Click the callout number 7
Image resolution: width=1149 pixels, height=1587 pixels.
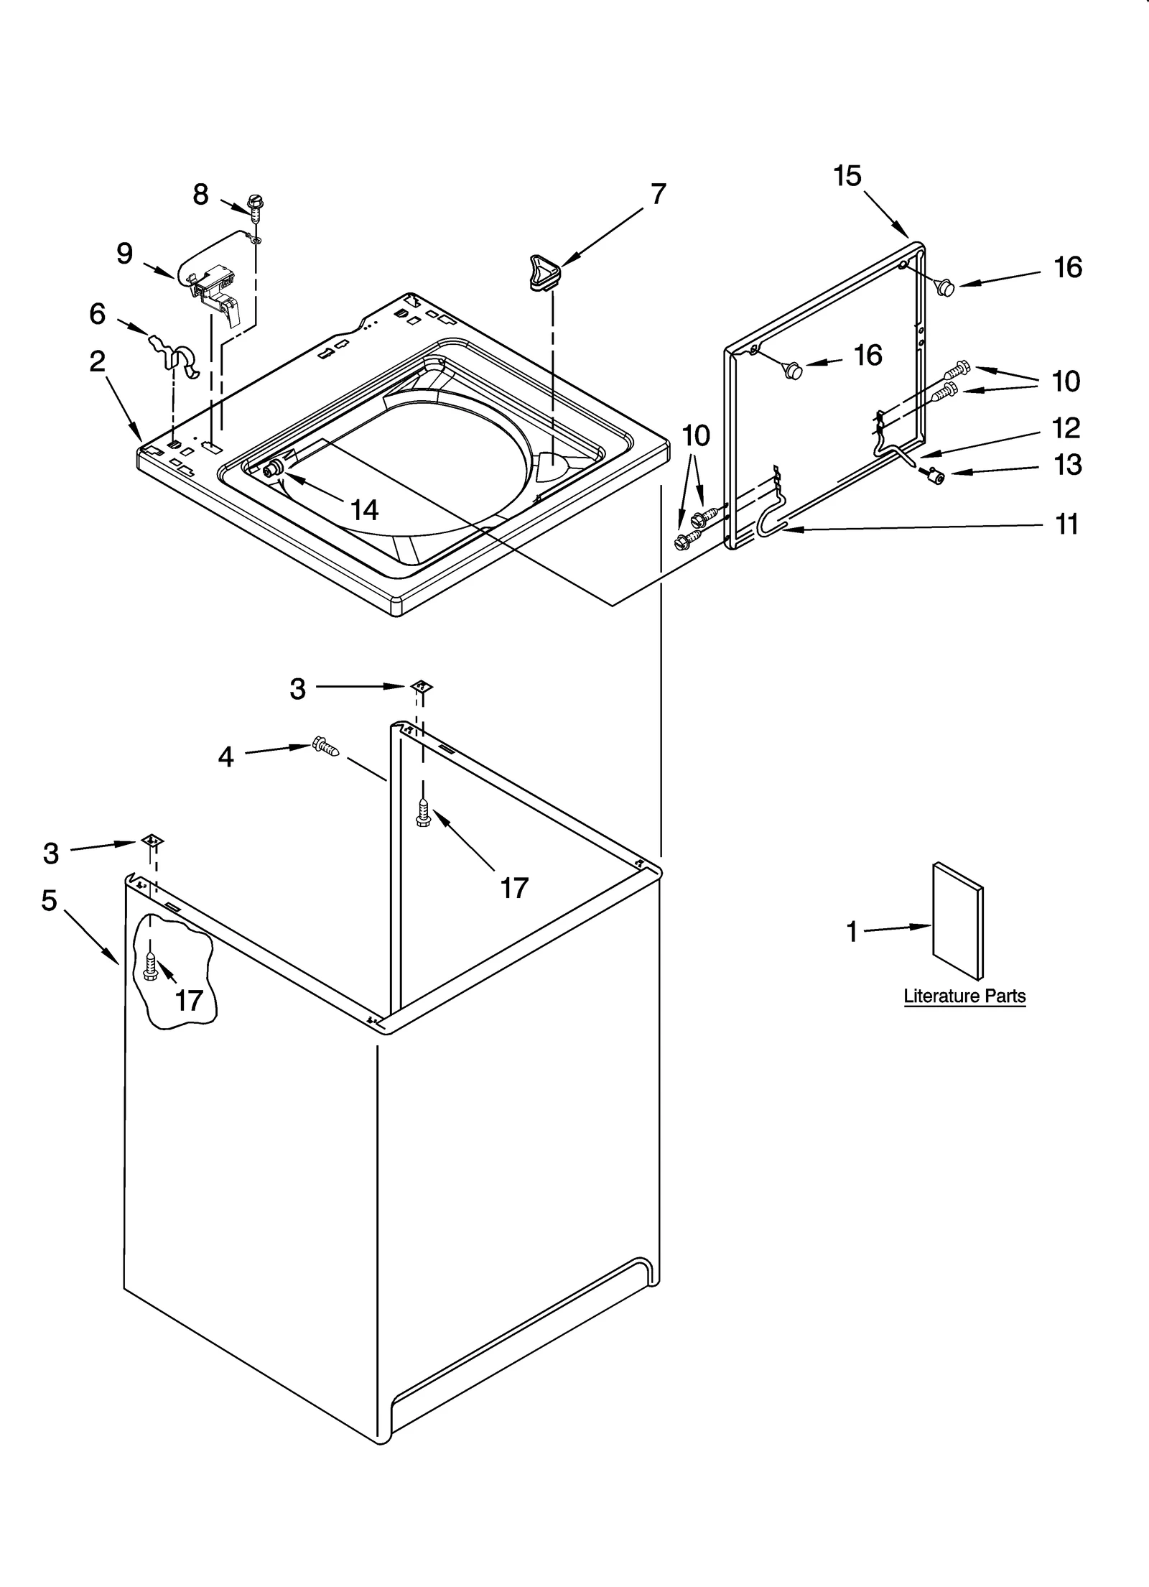pos(658,194)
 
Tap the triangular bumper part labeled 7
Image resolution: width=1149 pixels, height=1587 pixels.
pos(545,273)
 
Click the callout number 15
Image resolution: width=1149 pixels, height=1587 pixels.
pos(847,176)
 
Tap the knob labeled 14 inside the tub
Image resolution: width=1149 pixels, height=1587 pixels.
pos(272,470)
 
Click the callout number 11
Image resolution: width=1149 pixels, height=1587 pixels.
pos(1066,524)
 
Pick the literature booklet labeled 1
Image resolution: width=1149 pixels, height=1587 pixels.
pos(957,922)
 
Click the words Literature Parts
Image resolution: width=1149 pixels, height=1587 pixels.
pos(964,996)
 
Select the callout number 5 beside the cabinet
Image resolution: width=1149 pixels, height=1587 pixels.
pos(49,900)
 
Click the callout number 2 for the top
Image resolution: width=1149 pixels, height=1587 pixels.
pos(98,361)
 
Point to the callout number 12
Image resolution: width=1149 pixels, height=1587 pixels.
pos(1066,428)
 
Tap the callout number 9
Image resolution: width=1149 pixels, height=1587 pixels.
pos(124,253)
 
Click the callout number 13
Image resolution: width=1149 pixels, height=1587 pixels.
pos(1067,465)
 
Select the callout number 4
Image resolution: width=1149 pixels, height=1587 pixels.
pos(225,757)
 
